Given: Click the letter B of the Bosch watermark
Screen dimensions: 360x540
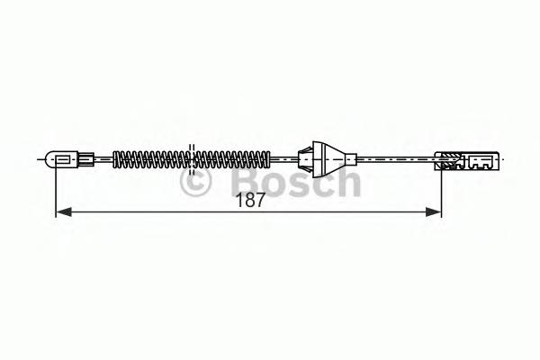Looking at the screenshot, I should (x=231, y=184).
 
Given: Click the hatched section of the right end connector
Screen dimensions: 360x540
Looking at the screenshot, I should (x=446, y=162).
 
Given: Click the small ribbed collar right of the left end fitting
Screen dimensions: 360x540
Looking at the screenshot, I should (x=85, y=161).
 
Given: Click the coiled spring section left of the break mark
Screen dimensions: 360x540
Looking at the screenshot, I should (x=148, y=160).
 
